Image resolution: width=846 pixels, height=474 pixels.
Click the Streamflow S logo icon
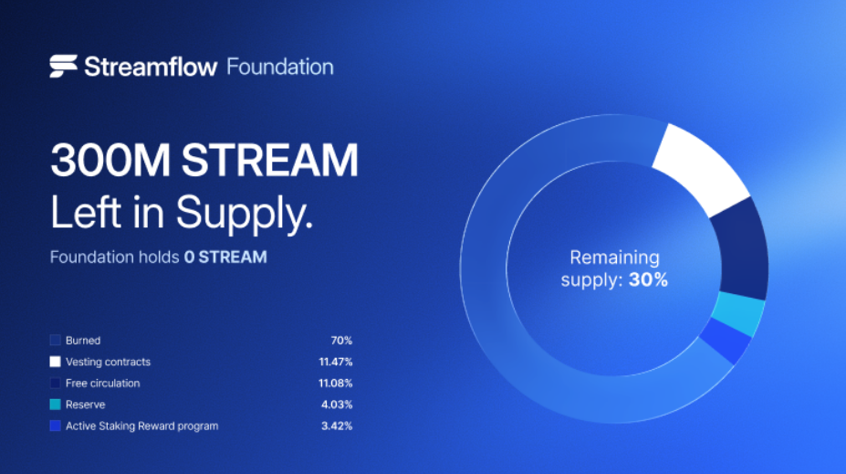(x=63, y=67)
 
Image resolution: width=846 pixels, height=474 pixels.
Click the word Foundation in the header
(x=280, y=67)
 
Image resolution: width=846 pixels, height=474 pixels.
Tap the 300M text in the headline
(x=110, y=160)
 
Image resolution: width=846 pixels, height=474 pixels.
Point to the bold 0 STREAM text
(x=225, y=257)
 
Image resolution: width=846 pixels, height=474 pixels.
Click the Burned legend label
(x=83, y=340)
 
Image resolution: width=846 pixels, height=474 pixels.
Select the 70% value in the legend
(x=341, y=340)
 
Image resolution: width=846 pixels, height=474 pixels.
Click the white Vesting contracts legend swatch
(x=55, y=362)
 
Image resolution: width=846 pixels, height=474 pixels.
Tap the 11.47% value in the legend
(x=336, y=362)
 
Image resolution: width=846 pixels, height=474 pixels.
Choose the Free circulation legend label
(x=102, y=384)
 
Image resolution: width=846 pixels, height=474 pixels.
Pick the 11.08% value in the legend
(x=336, y=384)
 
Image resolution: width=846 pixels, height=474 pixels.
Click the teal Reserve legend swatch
(x=55, y=405)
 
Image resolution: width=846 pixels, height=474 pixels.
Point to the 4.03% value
(x=337, y=405)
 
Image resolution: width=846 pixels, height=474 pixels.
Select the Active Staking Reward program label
(x=141, y=426)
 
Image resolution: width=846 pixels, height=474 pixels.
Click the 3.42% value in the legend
(x=337, y=426)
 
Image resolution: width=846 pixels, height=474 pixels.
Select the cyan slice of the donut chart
(x=738, y=313)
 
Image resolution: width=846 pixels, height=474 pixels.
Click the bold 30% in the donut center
(x=648, y=279)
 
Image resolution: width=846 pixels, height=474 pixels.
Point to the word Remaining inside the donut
(x=614, y=258)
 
